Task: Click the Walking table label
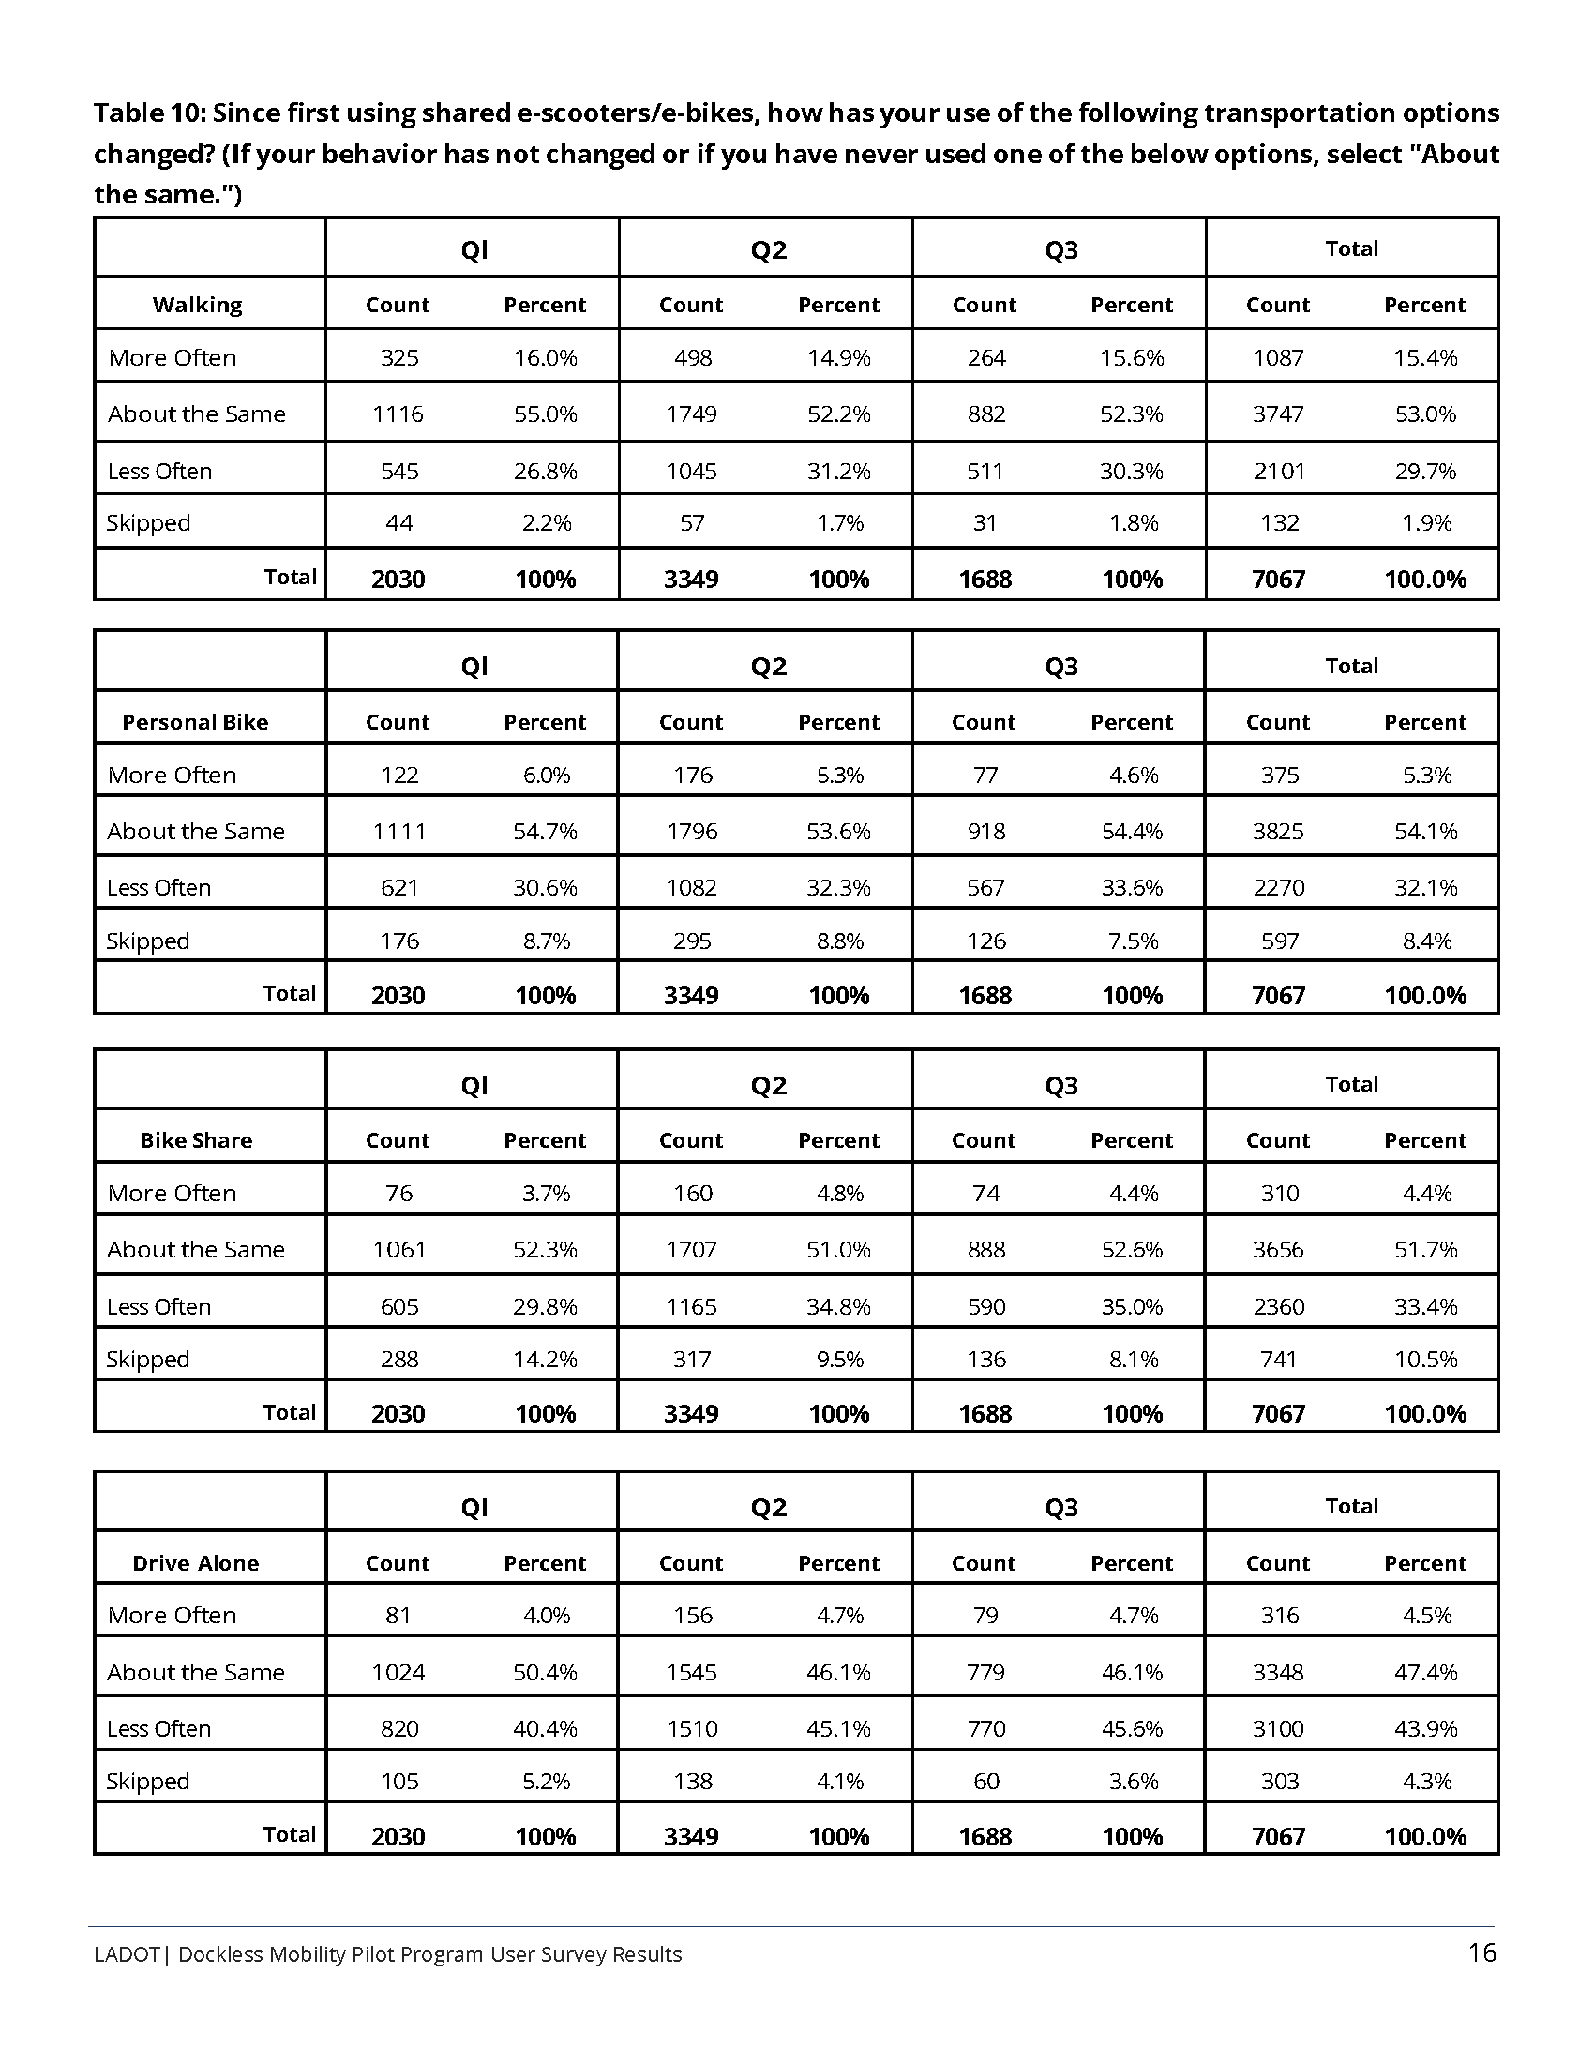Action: point(197,305)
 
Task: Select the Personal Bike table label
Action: point(195,723)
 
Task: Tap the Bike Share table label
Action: point(196,1140)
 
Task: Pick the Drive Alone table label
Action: point(195,1563)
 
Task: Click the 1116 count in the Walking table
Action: point(398,414)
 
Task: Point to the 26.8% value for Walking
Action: point(545,472)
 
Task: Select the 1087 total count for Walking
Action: point(1278,358)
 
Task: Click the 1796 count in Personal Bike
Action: point(691,831)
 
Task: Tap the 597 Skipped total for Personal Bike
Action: point(1280,941)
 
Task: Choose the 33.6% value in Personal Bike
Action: point(1132,888)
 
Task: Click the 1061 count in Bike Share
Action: point(398,1250)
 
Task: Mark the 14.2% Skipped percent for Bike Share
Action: point(545,1360)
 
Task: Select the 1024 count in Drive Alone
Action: point(398,1673)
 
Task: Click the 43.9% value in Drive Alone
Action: point(1425,1728)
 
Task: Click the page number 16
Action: point(1481,1952)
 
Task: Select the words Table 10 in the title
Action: point(147,113)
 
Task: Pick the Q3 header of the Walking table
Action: point(1060,250)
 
